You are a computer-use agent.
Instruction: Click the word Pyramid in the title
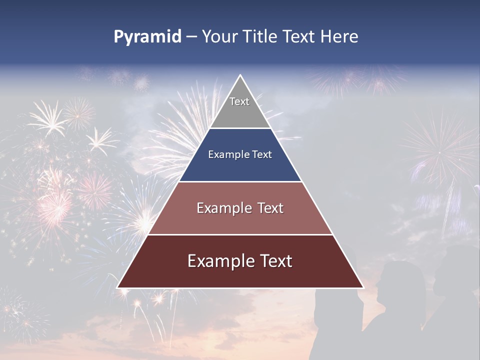147,37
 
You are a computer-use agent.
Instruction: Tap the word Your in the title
219,36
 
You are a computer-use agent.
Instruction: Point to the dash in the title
191,37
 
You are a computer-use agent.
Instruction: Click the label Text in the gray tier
239,101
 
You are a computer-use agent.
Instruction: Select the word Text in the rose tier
269,208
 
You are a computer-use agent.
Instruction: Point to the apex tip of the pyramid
240,75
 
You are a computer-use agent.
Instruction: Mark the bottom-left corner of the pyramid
117,287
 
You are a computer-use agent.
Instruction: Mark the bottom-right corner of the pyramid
363,287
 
